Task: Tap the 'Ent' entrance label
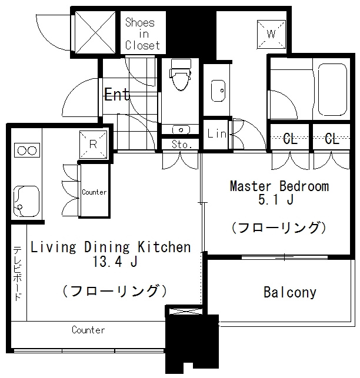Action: (116, 95)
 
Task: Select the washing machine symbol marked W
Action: (271, 34)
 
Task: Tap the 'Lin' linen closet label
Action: (216, 134)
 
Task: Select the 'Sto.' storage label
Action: (181, 144)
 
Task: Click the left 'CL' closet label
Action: (290, 139)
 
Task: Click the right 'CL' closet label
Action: (332, 139)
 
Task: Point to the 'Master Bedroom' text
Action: (279, 186)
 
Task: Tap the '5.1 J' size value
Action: (279, 200)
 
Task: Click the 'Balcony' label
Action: (289, 292)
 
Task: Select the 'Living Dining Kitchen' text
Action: (111, 247)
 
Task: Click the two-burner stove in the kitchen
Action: (26, 150)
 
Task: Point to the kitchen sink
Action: (25, 200)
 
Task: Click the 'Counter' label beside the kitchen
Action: (94, 192)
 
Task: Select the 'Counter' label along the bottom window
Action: (88, 330)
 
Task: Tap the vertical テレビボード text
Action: (18, 273)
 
